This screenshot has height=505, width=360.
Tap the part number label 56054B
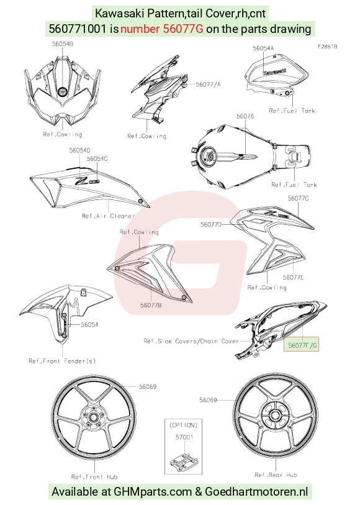63,44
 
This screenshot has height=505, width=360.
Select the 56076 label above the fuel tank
245,116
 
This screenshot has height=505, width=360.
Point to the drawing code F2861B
328,47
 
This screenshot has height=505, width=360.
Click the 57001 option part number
184,437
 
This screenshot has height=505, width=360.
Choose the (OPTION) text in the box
183,425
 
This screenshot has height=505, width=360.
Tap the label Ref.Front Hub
94,476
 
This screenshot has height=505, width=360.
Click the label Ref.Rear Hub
276,475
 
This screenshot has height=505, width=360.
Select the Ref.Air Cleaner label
108,216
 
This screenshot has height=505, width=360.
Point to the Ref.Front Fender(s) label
62,361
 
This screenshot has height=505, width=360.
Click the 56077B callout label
151,305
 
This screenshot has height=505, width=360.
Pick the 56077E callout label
294,277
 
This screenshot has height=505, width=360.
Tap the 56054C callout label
97,159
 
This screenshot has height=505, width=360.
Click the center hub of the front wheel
94,418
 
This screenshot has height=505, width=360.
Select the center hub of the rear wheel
276,415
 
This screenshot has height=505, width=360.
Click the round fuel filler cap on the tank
209,155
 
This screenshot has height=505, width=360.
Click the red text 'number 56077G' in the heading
162,29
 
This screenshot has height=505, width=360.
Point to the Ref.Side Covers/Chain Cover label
191,341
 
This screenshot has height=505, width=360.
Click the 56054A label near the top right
263,48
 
